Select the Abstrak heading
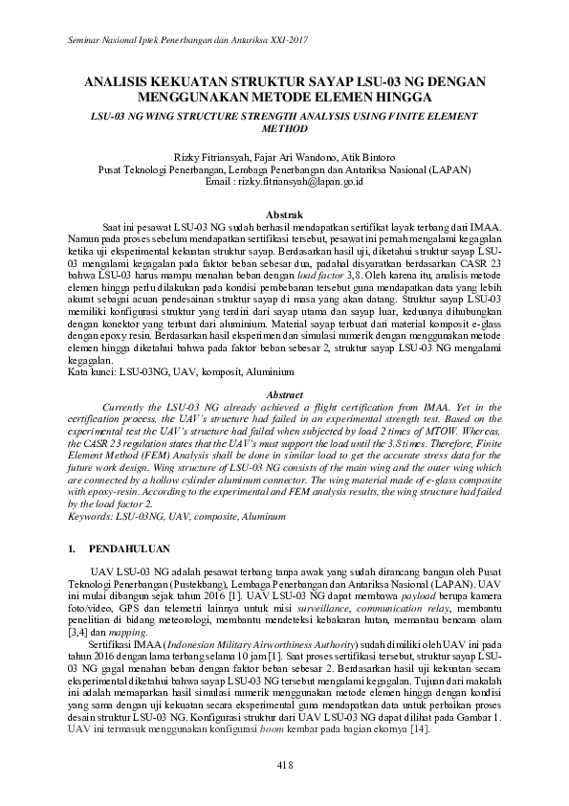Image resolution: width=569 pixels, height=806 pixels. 284,213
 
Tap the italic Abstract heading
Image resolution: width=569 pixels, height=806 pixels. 284,394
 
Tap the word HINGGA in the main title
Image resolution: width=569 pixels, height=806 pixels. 407,98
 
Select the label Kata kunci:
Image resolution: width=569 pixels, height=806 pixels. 85,371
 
